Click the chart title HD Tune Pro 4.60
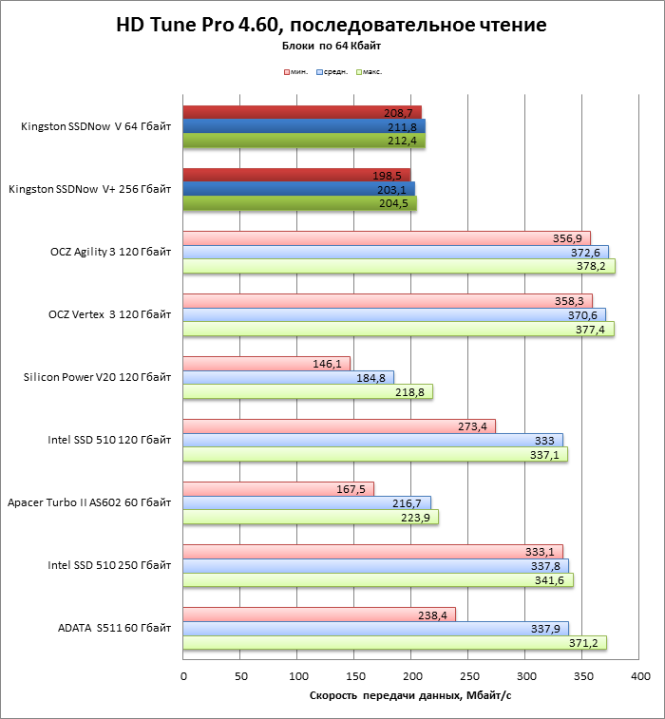point(331,25)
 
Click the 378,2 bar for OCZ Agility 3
point(399,267)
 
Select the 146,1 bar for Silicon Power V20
point(266,363)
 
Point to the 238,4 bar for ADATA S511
point(318,614)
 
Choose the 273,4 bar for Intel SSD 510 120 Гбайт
point(339,426)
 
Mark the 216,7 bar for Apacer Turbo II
point(306,502)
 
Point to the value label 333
point(545,440)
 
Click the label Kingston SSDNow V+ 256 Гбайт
point(89,189)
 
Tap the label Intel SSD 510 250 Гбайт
point(109,565)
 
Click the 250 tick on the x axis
point(469,676)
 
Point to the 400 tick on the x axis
point(639,676)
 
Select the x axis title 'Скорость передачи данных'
point(410,696)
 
